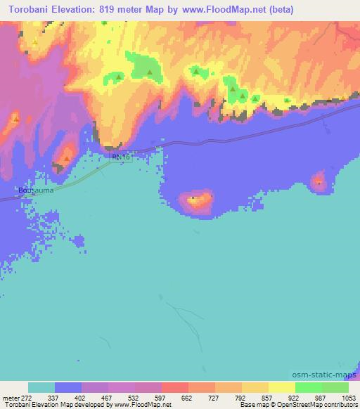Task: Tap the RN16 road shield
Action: (121, 157)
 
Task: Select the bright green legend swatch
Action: (309, 388)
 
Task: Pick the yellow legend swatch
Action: (282, 388)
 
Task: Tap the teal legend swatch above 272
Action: (41, 388)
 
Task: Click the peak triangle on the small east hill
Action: (319, 182)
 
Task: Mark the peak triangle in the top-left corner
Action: (34, 41)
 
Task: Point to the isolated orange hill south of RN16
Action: (196, 202)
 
